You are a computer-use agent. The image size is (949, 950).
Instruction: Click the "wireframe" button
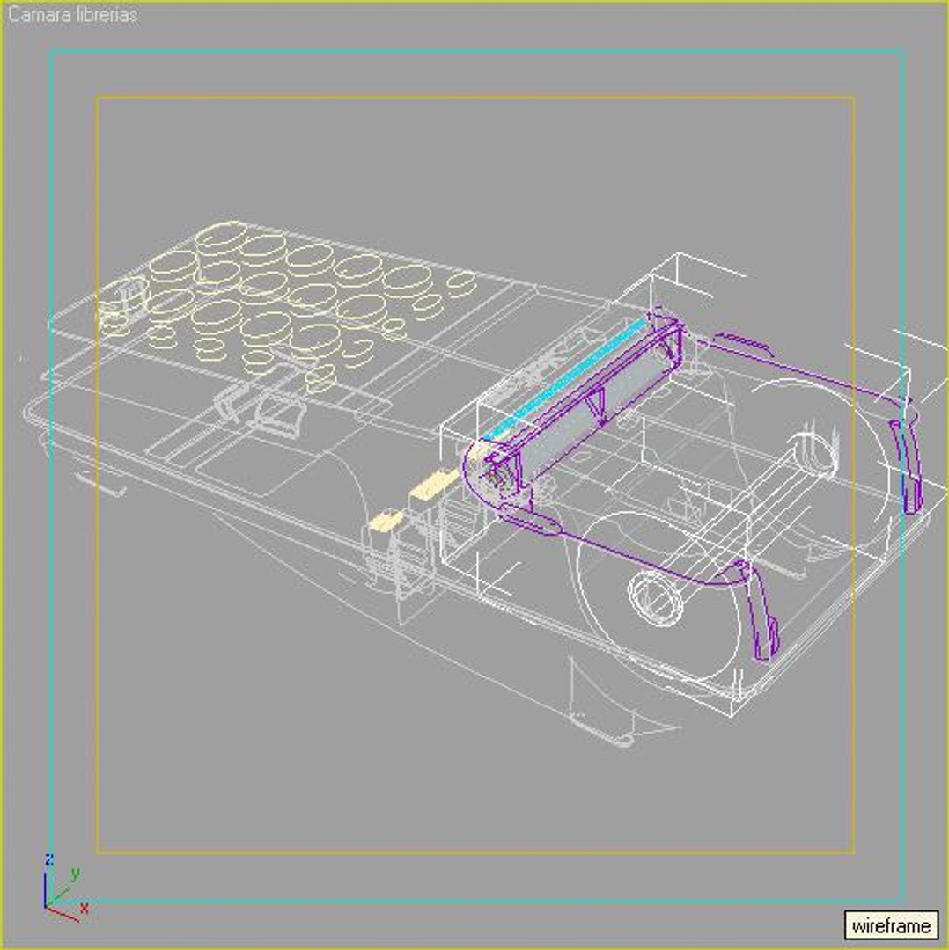(891, 925)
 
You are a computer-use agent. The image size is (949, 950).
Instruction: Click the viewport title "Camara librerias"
(73, 15)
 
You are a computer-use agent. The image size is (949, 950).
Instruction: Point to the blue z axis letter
(50, 859)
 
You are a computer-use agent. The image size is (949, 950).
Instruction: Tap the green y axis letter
(76, 873)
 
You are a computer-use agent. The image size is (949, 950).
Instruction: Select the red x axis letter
(85, 907)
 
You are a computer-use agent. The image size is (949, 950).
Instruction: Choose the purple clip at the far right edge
(908, 466)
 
